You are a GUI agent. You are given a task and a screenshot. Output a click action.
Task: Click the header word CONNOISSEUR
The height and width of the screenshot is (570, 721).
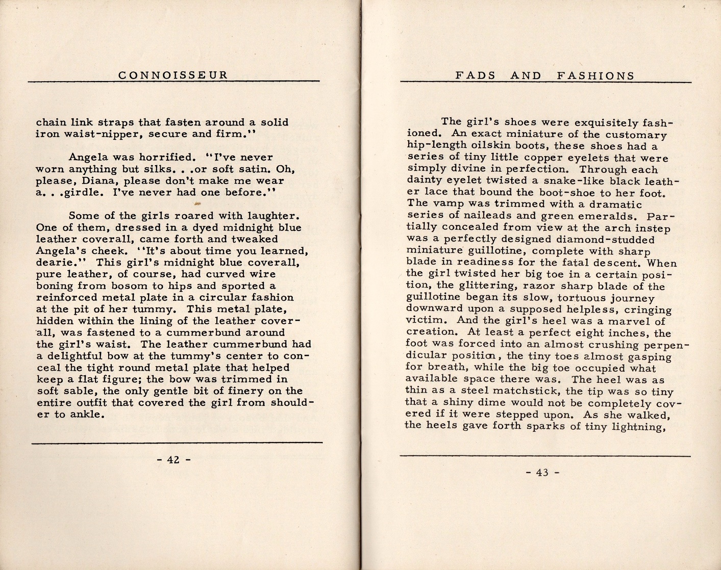(173, 75)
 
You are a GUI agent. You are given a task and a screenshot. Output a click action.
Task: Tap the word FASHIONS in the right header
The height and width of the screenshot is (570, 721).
(595, 76)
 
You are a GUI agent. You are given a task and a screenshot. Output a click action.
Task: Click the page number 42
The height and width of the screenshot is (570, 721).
(173, 460)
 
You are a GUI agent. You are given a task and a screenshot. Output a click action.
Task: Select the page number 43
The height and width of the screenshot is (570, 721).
(542, 473)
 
